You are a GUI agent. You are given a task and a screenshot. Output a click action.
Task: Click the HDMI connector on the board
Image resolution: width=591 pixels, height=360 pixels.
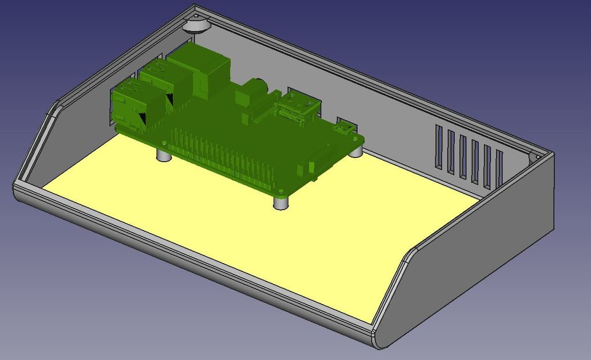point(298,109)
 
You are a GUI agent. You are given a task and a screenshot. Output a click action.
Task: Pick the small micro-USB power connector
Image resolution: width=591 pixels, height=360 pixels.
point(346,128)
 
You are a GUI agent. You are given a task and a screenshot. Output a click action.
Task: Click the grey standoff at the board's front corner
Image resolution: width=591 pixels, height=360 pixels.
point(280,203)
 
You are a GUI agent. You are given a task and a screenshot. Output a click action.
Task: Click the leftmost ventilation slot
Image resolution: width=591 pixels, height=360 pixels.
point(439,147)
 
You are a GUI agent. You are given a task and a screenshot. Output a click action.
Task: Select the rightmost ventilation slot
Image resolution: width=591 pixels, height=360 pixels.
point(499,170)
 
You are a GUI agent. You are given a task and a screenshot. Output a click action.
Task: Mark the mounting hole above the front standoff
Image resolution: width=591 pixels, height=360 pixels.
point(280,192)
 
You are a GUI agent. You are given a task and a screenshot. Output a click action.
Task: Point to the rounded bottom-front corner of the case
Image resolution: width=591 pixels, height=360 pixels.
point(379,340)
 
